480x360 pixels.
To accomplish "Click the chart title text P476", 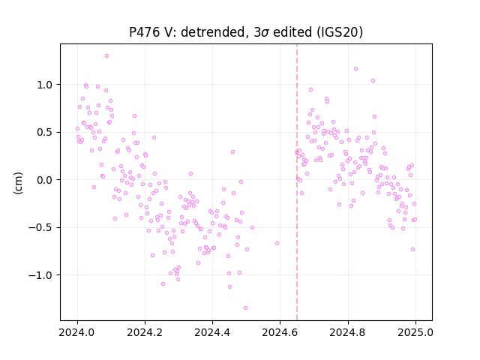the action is [x=144, y=32].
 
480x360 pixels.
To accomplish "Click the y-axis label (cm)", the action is [x=18, y=183].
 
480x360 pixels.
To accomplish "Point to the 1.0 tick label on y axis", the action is [x=45, y=85].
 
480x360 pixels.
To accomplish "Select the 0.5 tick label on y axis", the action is [x=45, y=133].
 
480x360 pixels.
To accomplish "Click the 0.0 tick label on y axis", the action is [x=45, y=180].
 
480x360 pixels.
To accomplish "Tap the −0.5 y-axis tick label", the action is [x=40, y=228].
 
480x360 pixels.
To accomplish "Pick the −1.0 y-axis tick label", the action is [x=40, y=275].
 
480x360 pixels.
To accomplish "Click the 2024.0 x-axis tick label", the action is [x=77, y=332].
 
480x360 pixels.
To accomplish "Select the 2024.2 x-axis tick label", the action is [x=145, y=332].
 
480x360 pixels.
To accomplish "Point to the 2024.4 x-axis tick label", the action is [x=212, y=332].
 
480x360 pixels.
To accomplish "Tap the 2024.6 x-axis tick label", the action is [x=280, y=332].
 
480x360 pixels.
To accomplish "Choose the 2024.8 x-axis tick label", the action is [x=348, y=332].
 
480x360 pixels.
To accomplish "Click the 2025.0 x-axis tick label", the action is [x=415, y=332].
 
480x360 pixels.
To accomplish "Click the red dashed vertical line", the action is [x=297, y=182].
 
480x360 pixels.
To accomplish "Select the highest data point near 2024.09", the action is [x=106, y=56].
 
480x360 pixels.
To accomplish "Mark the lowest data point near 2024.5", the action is [x=245, y=308].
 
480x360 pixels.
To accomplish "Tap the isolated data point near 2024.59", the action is [x=277, y=243].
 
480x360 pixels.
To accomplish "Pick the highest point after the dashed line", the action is [x=355, y=68].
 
